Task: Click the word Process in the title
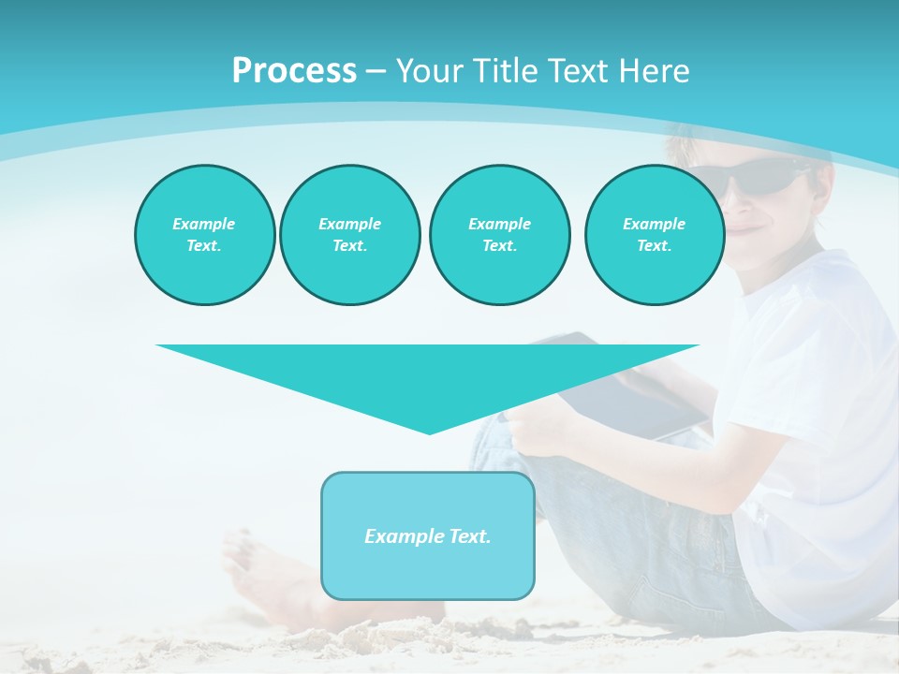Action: pyautogui.click(x=294, y=71)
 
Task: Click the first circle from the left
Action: pyautogui.click(x=204, y=235)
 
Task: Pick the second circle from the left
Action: pyautogui.click(x=349, y=235)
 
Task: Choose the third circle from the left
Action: pyautogui.click(x=499, y=235)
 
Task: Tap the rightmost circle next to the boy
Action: pyautogui.click(x=654, y=235)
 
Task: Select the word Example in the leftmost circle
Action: pyautogui.click(x=204, y=224)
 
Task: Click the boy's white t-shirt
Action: pyautogui.click(x=815, y=374)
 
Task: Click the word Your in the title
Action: pyautogui.click(x=428, y=71)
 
